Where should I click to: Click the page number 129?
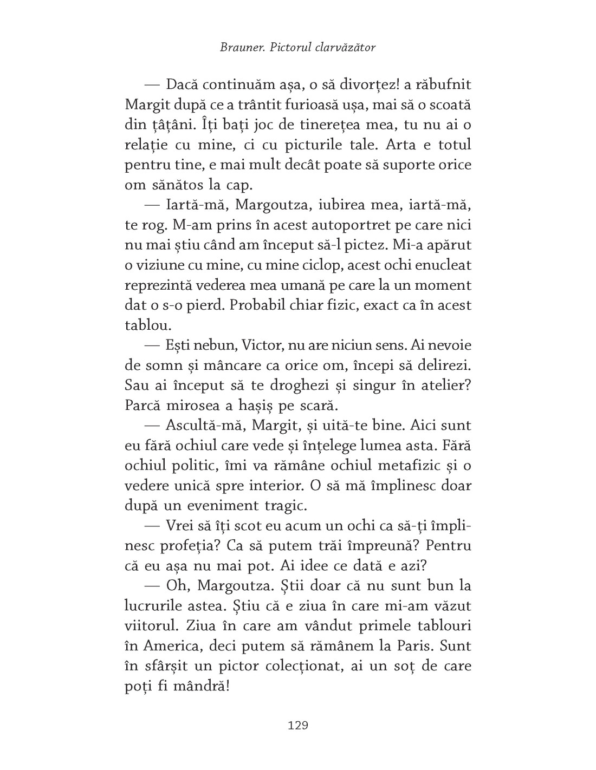tap(297, 725)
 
